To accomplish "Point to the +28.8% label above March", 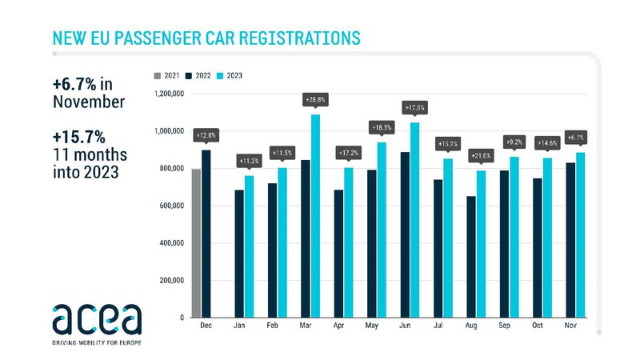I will pyautogui.click(x=314, y=100).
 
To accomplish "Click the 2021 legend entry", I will pyautogui.click(x=166, y=77).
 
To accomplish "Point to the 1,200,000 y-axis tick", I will pyautogui.click(x=169, y=94).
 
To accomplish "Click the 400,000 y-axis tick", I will pyautogui.click(x=171, y=243).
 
